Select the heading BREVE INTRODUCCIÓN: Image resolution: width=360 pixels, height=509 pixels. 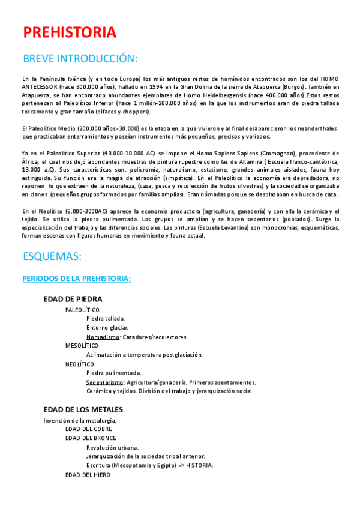[80, 59]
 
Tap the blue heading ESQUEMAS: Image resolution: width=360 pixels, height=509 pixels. [52, 256]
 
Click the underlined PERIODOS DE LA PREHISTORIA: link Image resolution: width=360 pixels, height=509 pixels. [77, 279]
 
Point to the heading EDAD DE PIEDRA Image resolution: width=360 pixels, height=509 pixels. [73, 299]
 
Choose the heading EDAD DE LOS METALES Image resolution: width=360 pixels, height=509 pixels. [83, 409]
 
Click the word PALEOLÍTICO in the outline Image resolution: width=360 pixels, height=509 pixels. [83, 309]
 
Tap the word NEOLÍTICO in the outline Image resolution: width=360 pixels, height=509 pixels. [80, 364]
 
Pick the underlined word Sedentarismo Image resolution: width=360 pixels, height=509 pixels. [105, 382]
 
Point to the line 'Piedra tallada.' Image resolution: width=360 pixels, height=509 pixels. [106, 318]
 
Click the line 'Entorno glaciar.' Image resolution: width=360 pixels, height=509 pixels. [107, 327]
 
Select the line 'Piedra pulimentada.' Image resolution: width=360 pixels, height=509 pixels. [114, 373]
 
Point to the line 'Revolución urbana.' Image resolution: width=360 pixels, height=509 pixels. [113, 447]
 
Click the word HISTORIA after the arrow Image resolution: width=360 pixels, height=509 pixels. [199, 465]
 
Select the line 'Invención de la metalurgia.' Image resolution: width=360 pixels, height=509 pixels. [80, 420]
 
